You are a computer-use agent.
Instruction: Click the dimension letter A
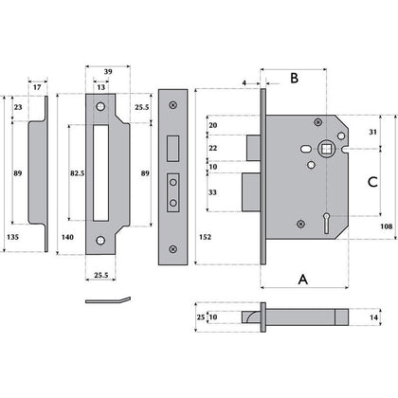point(302,280)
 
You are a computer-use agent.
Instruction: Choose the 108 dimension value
point(386,226)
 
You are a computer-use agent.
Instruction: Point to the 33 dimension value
point(213,193)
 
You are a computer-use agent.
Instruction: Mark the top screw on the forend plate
point(172,104)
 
